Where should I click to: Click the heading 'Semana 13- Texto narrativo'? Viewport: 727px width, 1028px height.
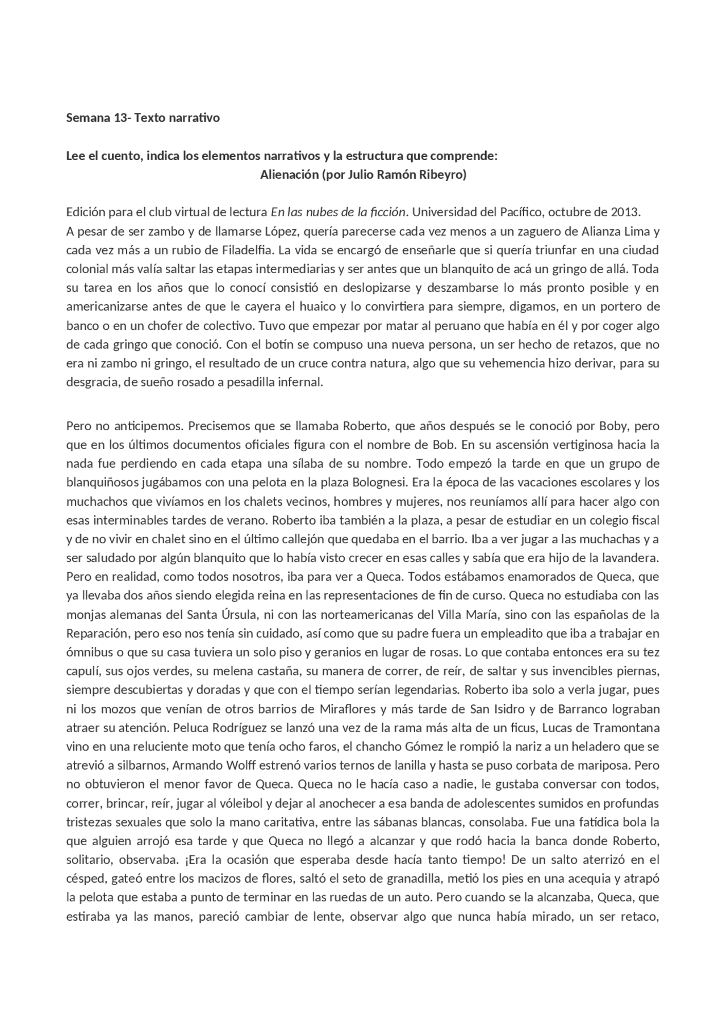click(143, 118)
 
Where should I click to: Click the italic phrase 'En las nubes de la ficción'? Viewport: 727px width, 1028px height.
click(338, 213)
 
